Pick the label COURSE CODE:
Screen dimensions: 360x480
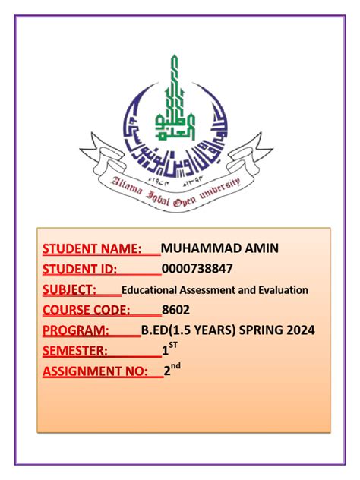86,310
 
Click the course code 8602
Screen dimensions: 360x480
175,310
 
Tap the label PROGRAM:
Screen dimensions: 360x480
75,330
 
